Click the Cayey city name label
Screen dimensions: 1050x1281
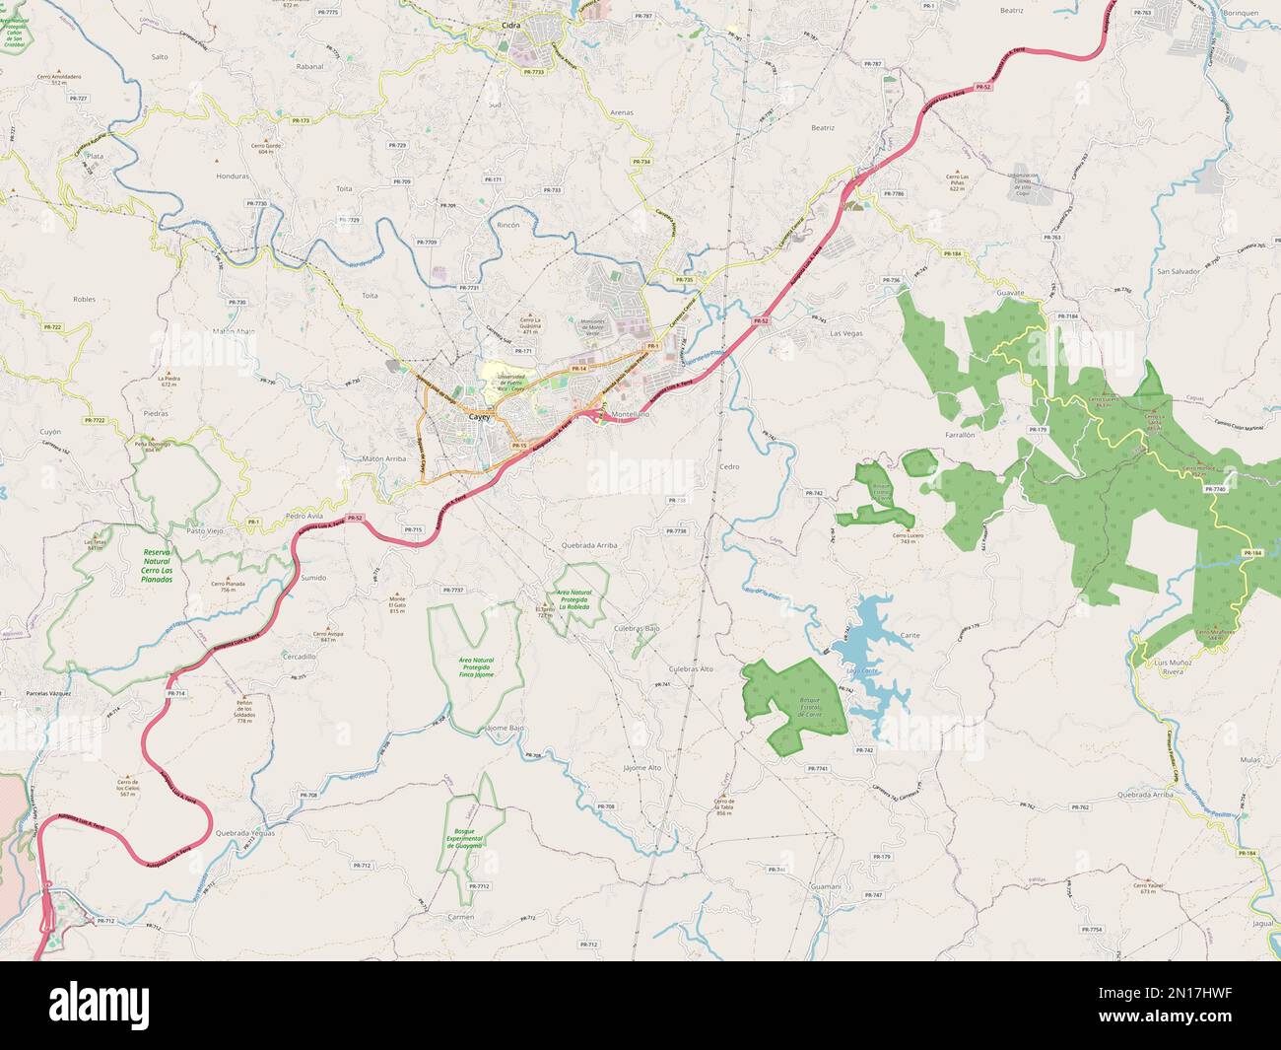(x=480, y=418)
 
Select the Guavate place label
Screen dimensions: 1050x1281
(x=1011, y=293)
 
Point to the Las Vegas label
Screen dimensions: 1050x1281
(x=846, y=333)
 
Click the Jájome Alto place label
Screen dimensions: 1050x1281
(x=642, y=767)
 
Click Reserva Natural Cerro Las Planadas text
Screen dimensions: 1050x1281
(x=158, y=566)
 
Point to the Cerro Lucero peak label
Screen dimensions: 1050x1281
(x=911, y=538)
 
